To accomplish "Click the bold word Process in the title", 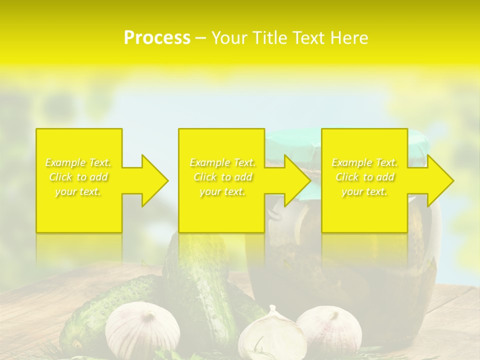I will (x=157, y=38).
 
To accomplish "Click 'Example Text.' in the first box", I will (x=78, y=162).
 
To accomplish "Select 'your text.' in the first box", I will (x=78, y=191).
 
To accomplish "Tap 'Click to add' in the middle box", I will (x=222, y=177).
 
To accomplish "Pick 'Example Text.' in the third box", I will (x=364, y=162).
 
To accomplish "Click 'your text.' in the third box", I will (x=364, y=191).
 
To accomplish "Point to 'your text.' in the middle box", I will (x=222, y=191).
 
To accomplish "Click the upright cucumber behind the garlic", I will (x=195, y=280).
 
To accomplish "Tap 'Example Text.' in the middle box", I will (x=222, y=162).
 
